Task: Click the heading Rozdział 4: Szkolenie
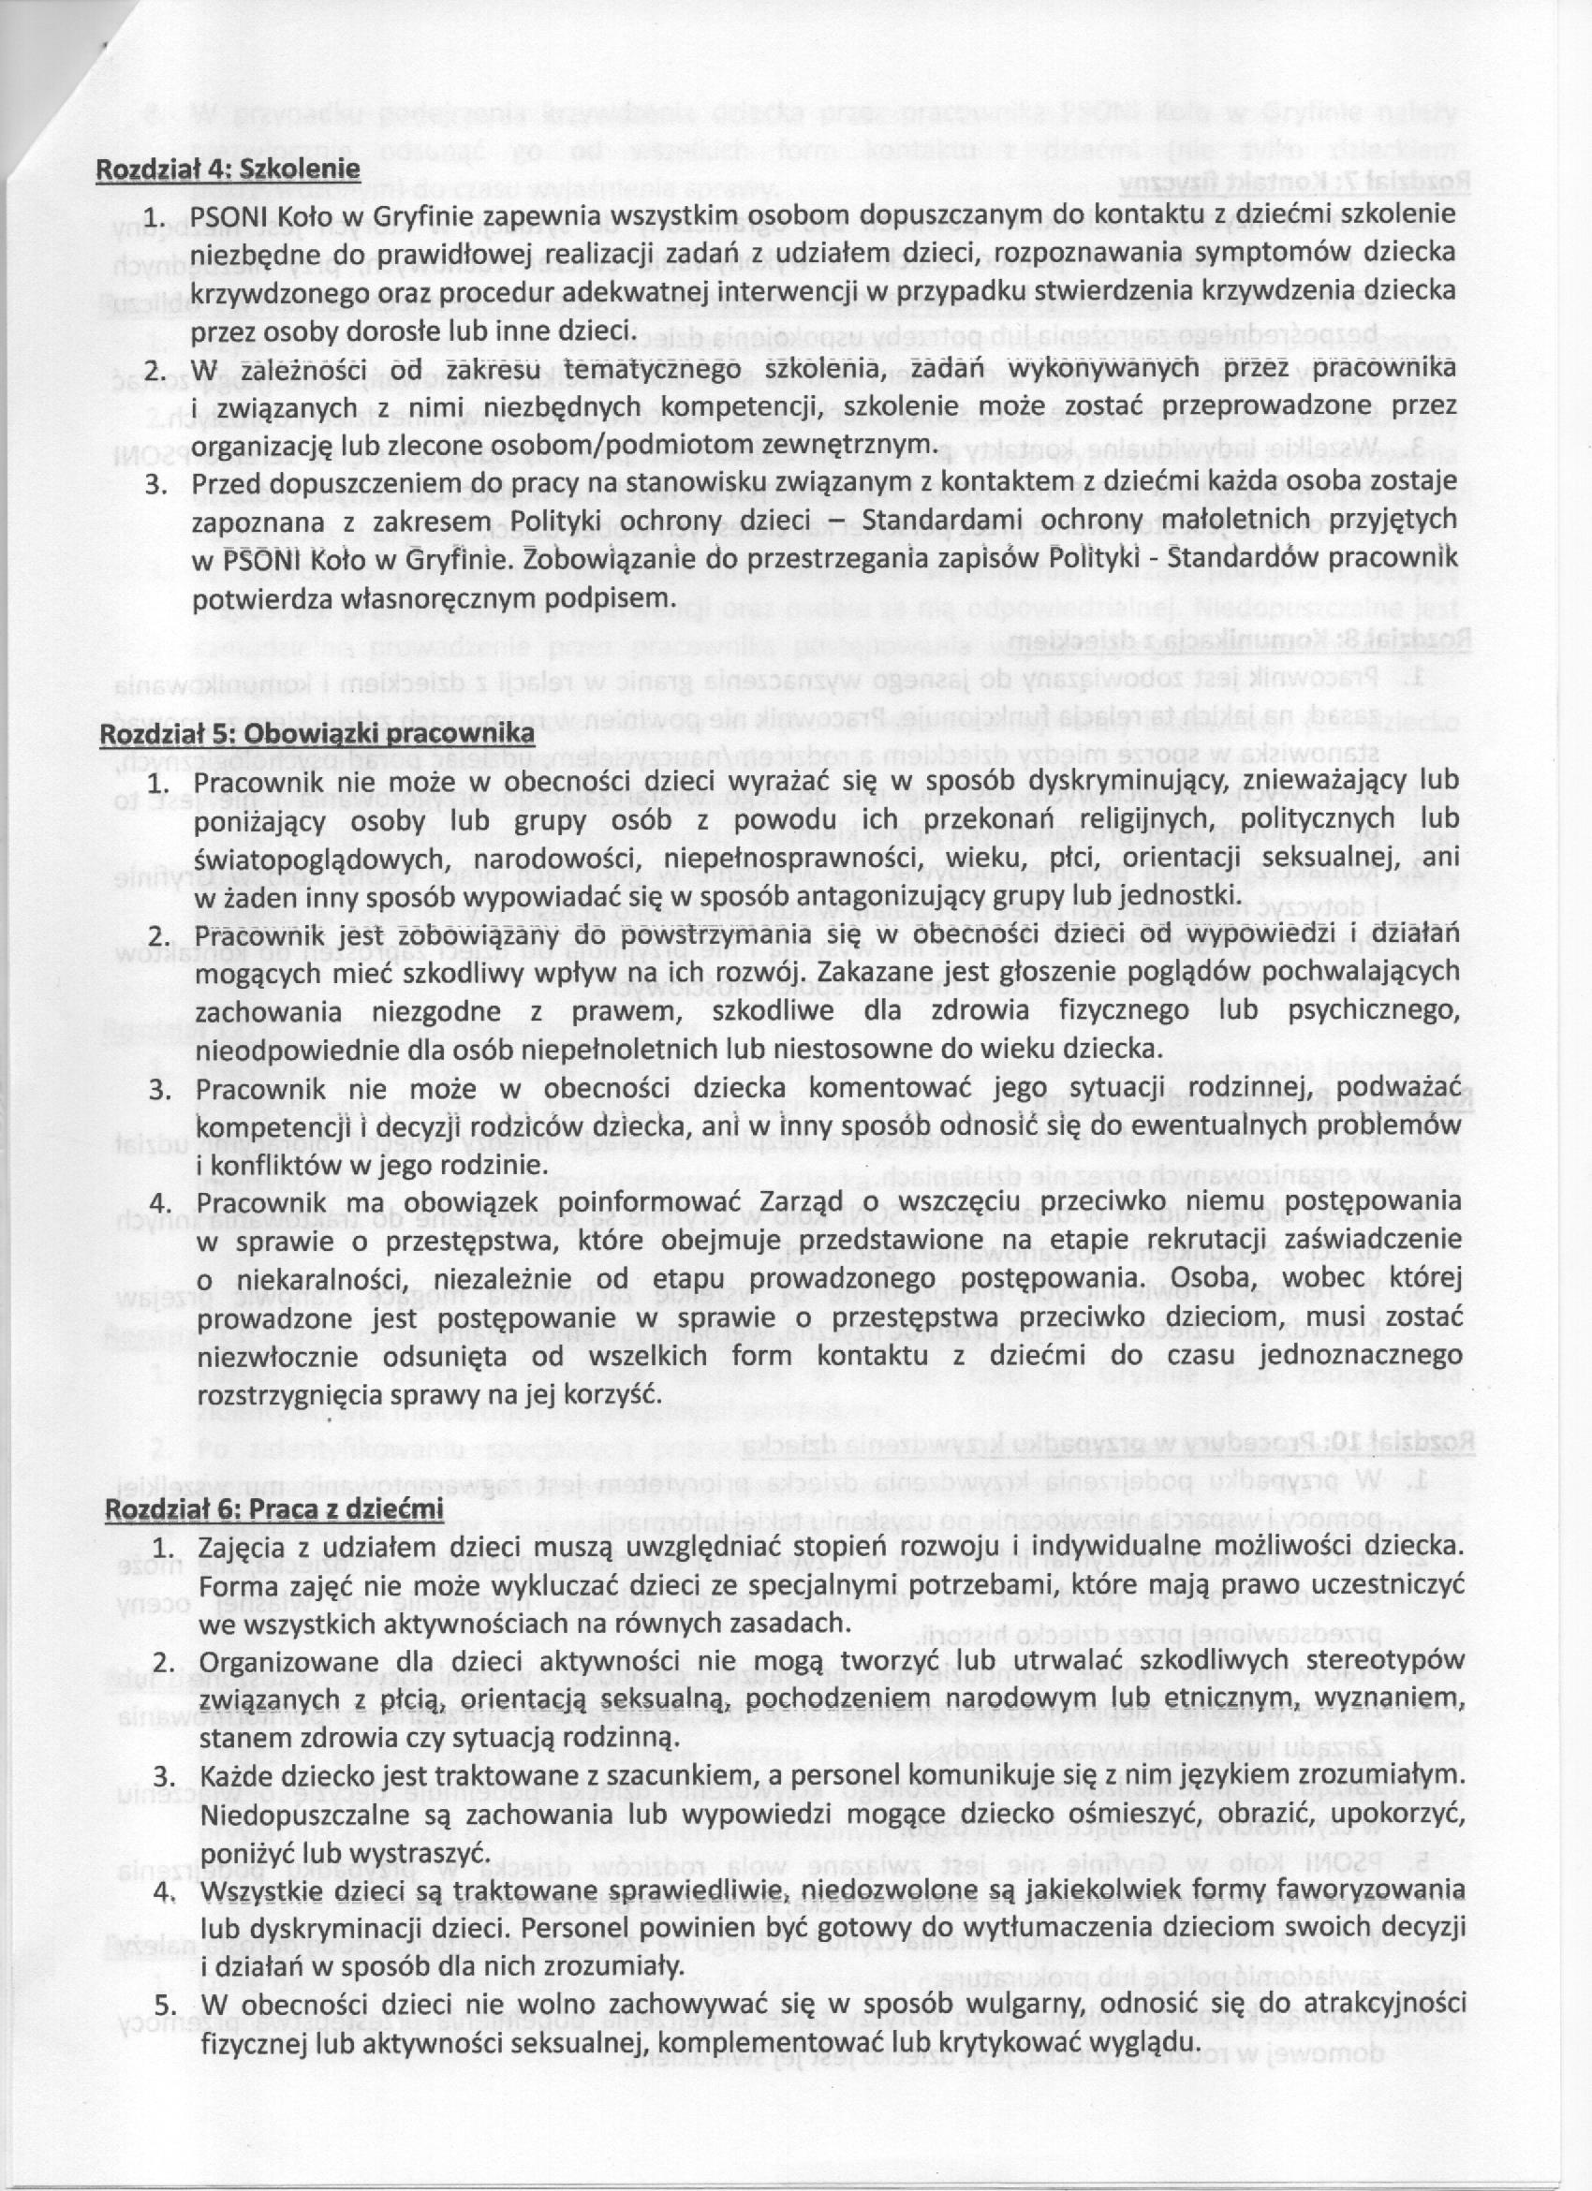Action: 227,169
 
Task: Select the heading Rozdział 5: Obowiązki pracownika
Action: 317,733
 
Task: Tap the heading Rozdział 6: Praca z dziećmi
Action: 273,1508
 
